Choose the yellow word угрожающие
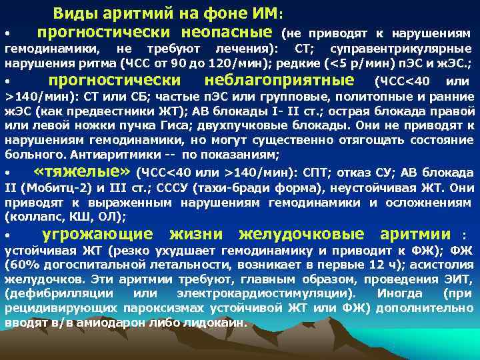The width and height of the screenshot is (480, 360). point(97,234)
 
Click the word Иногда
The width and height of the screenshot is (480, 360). point(399,293)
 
